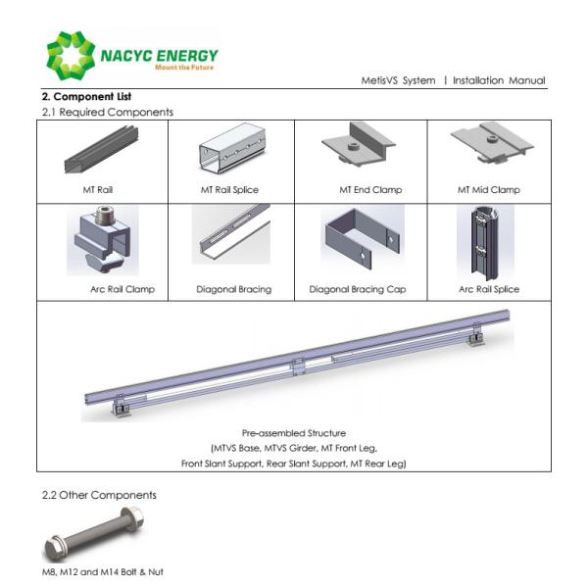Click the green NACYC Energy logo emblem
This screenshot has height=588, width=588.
coord(71,56)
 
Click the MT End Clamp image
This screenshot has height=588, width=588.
coord(359,149)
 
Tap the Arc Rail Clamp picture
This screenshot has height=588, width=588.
coord(102,241)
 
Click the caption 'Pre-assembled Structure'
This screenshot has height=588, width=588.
coord(293,432)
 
